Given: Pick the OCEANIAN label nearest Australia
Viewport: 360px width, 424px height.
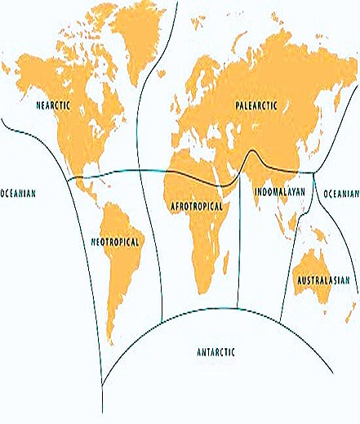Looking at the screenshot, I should (x=340, y=194).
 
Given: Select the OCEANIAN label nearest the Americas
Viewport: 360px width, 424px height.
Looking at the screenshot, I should (x=18, y=193).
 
